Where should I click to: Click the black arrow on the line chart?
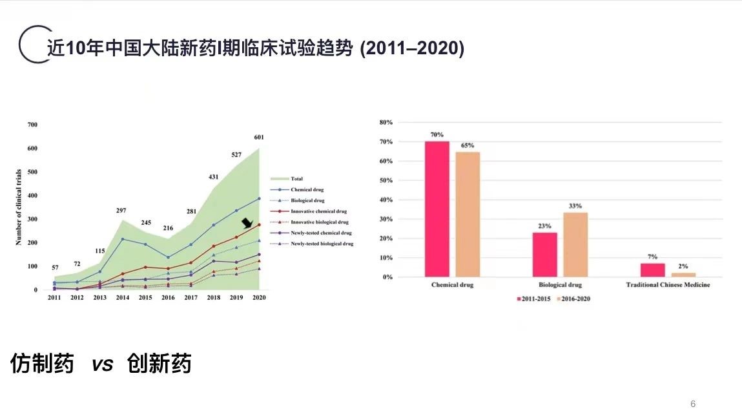coord(247,223)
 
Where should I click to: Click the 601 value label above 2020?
coord(259,137)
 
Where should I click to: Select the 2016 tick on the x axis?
coord(168,297)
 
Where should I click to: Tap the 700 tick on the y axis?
coord(32,125)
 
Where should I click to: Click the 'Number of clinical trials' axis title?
coord(19,207)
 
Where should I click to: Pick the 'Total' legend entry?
coord(297,179)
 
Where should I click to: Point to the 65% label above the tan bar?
coord(468,145)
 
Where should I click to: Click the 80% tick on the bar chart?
coord(386,122)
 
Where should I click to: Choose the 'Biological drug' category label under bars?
coord(561,285)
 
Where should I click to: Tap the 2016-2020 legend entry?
coord(573,299)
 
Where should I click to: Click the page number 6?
coord(693,404)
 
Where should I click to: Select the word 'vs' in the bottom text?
coord(103,364)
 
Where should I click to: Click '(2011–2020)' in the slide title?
coord(411,48)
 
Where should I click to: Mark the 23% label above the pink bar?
coord(544,226)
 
